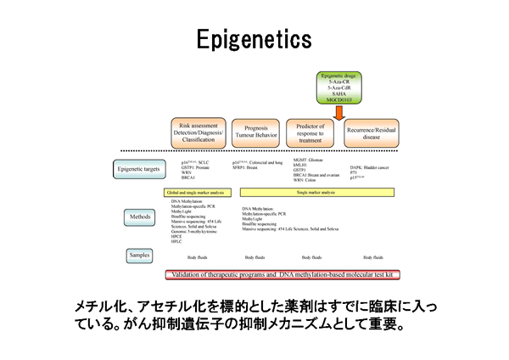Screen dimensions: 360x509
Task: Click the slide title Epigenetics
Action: (x=254, y=39)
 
